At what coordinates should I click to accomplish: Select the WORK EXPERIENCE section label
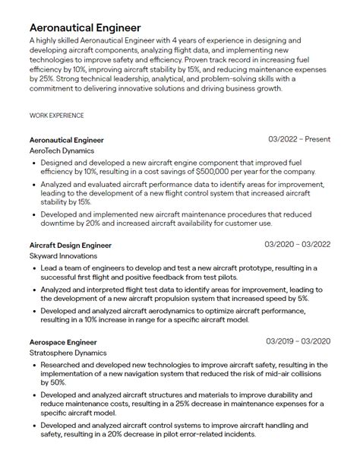[56, 116]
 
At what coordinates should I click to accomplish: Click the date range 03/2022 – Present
[299, 140]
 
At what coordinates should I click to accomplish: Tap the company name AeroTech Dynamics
[62, 151]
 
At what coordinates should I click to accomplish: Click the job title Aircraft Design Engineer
[71, 246]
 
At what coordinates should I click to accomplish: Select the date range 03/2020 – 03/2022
[297, 245]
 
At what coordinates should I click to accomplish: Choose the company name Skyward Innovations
[64, 257]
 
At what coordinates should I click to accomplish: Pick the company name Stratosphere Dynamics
[68, 353]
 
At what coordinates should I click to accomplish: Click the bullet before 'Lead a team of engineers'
[36, 268]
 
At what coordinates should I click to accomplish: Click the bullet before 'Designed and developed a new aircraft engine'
[36, 163]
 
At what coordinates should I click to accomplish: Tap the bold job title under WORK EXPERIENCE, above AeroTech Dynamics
[67, 140]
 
